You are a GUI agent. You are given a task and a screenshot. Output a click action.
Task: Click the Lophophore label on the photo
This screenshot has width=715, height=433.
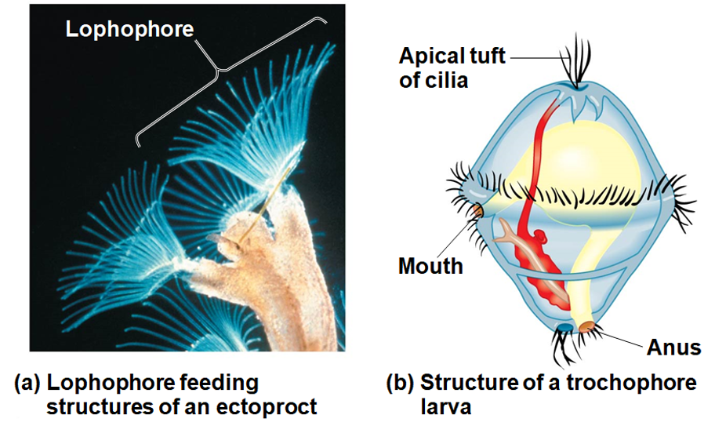pyautogui.click(x=129, y=30)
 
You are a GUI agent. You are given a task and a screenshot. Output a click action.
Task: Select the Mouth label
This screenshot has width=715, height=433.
pyautogui.click(x=430, y=265)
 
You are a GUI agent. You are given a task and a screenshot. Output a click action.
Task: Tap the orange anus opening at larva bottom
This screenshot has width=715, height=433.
pyautogui.click(x=586, y=326)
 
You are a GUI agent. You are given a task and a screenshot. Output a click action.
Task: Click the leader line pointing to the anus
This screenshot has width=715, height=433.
pyautogui.click(x=619, y=337)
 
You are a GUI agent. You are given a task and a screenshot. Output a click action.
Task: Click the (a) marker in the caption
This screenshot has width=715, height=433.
pyautogui.click(x=27, y=383)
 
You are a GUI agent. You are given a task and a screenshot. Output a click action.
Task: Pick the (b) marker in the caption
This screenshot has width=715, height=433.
pyautogui.click(x=401, y=383)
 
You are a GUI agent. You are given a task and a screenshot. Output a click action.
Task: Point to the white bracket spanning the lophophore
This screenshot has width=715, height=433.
pyautogui.click(x=235, y=78)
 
